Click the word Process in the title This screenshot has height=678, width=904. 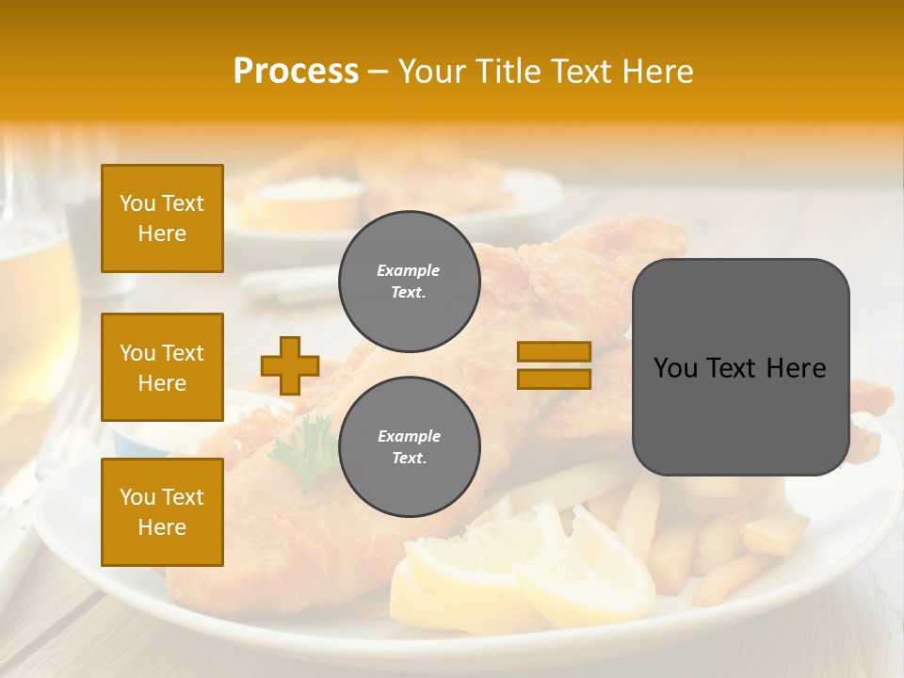[x=296, y=72]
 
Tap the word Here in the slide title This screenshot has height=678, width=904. [x=654, y=72]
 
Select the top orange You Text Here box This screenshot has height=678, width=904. [x=162, y=218]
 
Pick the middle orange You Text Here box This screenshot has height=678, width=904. [x=162, y=367]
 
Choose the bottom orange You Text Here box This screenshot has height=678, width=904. [x=162, y=511]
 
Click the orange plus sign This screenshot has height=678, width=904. [x=290, y=365]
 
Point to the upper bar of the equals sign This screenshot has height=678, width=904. [x=554, y=351]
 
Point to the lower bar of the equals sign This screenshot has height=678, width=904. [x=554, y=379]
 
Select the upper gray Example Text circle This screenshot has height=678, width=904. [x=410, y=282]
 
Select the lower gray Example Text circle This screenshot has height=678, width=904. [x=410, y=447]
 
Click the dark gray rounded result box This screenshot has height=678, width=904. [x=740, y=367]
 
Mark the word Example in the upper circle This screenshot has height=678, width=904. [x=409, y=270]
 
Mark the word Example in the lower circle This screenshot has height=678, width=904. [x=409, y=436]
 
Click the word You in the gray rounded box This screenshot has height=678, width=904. [x=674, y=368]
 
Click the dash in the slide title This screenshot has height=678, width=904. [x=379, y=72]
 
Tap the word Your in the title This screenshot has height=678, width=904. [x=431, y=72]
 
